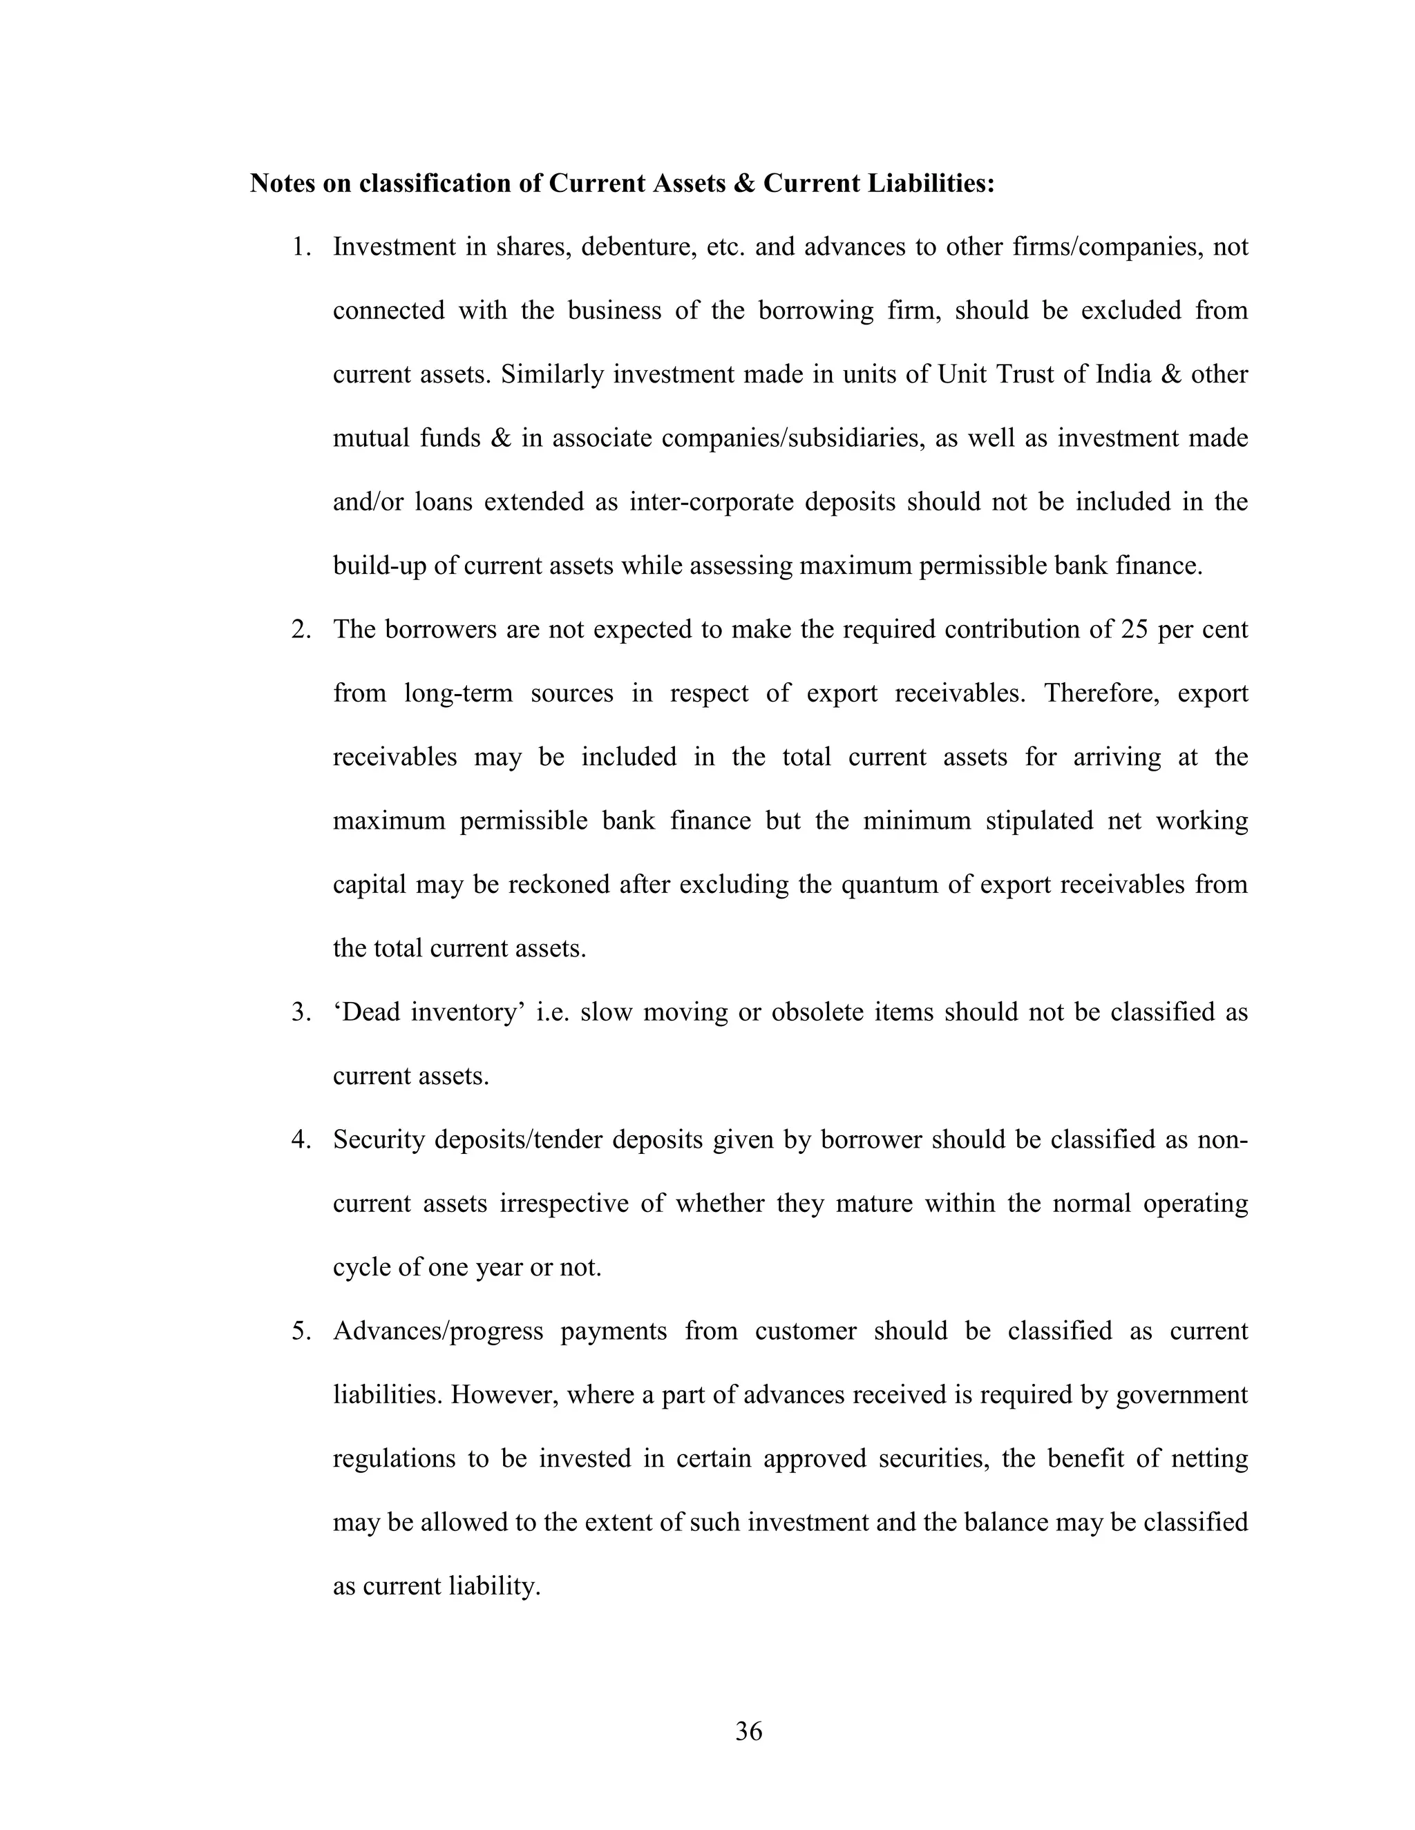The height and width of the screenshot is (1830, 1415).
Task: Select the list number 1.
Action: [x=301, y=247]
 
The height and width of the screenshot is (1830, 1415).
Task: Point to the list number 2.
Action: [x=301, y=629]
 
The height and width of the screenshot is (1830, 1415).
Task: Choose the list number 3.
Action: [x=301, y=1012]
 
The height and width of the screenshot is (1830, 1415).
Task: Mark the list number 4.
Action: [x=301, y=1139]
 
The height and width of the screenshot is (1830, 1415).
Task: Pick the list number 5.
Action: [x=301, y=1331]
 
